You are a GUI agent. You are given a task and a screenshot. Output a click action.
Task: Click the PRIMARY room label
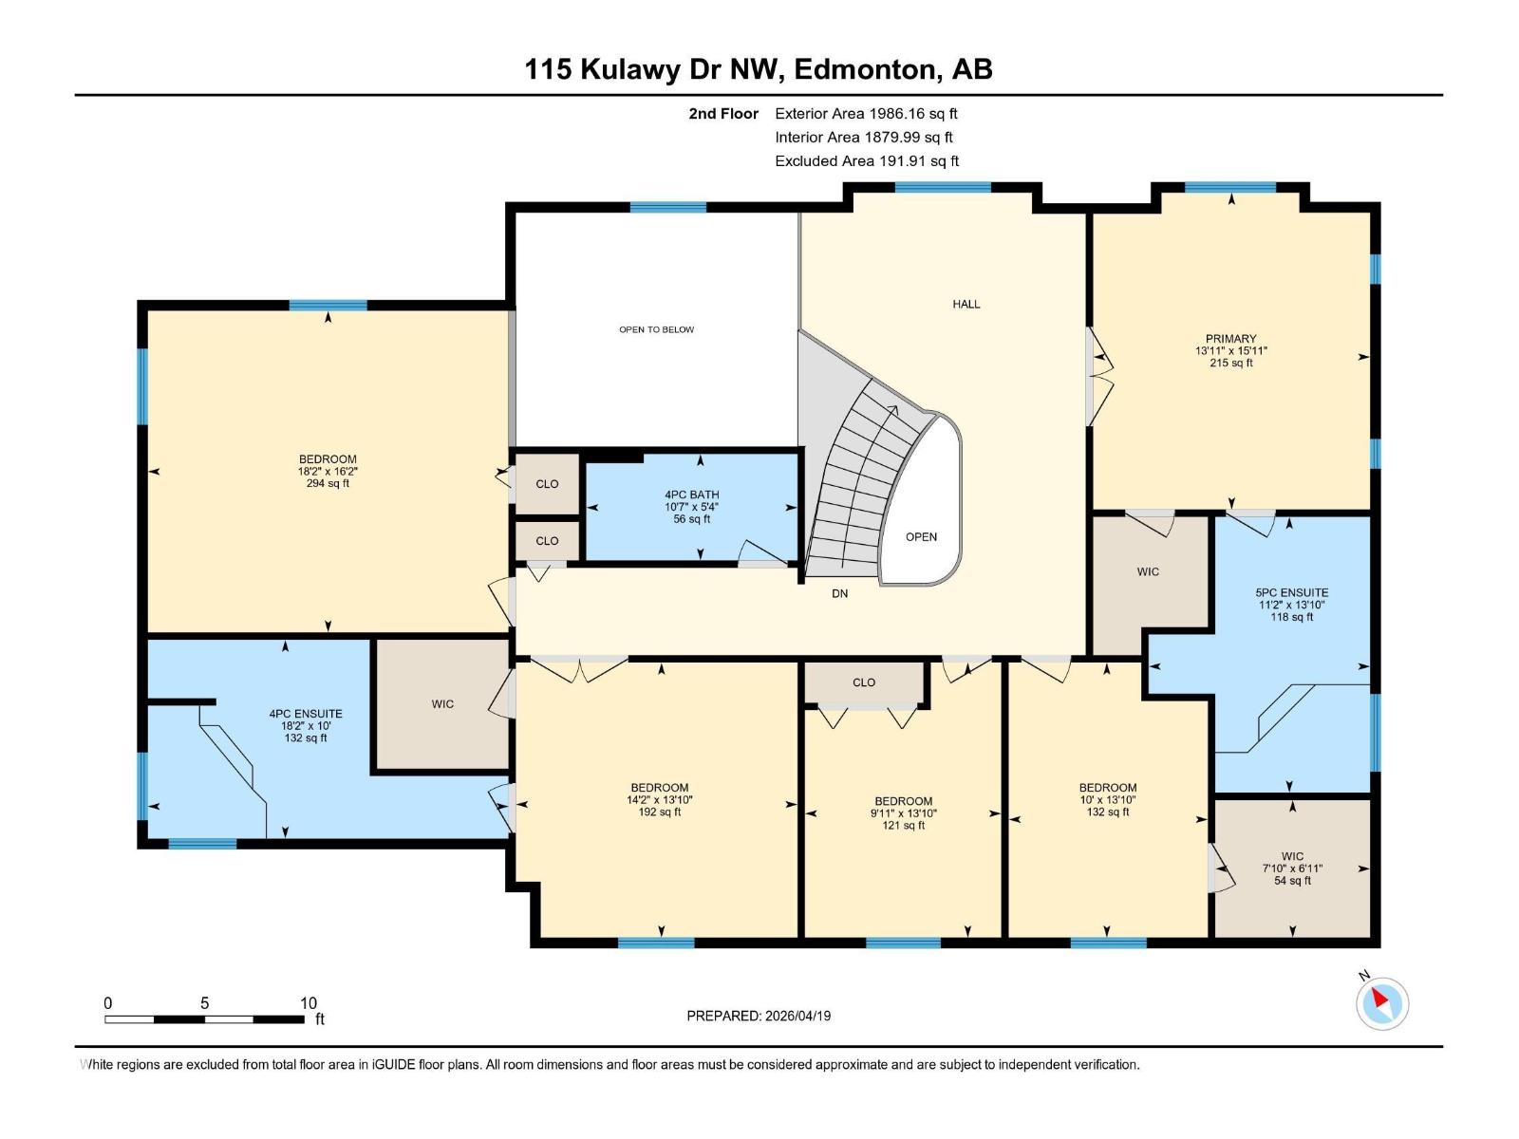pyautogui.click(x=1230, y=339)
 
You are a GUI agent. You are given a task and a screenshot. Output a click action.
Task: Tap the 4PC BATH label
pyautogui.click(x=691, y=495)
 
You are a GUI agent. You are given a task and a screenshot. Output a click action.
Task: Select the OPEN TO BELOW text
pyautogui.click(x=656, y=329)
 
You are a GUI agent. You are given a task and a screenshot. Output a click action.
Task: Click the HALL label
pyautogui.click(x=966, y=304)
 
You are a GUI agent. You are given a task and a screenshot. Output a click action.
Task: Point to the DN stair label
pyautogui.click(x=839, y=593)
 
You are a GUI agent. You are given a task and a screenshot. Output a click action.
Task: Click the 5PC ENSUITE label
pyautogui.click(x=1291, y=592)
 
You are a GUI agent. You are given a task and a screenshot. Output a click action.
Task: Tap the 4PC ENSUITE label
pyautogui.click(x=306, y=714)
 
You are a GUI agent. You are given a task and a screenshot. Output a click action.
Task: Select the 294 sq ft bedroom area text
pyautogui.click(x=328, y=483)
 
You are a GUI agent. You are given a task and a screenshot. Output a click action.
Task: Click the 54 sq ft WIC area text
pyautogui.click(x=1292, y=881)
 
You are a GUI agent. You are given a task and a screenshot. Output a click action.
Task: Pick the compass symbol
pyautogui.click(x=1381, y=1002)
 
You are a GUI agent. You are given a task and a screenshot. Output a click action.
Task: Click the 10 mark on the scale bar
pyautogui.click(x=308, y=1003)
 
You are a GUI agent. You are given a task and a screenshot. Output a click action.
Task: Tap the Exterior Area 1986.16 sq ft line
pyautogui.click(x=866, y=114)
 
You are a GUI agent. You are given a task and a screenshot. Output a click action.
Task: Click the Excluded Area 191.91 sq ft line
pyautogui.click(x=866, y=161)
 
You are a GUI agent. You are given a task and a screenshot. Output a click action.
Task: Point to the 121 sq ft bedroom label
pyautogui.click(x=903, y=826)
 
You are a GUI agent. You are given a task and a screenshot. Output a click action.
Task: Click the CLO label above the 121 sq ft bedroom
pyautogui.click(x=863, y=682)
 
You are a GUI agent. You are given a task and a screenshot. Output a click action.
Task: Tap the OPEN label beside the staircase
pyautogui.click(x=921, y=537)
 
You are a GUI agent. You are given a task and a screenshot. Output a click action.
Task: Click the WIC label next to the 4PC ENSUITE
pyautogui.click(x=442, y=704)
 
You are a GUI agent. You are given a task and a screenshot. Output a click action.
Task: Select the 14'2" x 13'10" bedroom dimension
pyautogui.click(x=660, y=800)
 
